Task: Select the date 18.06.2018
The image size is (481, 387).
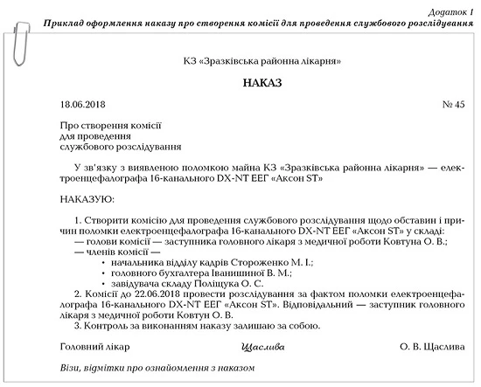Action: pos(84,105)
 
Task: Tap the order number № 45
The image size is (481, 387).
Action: pos(453,105)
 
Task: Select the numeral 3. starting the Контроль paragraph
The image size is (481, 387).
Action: pos(79,327)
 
